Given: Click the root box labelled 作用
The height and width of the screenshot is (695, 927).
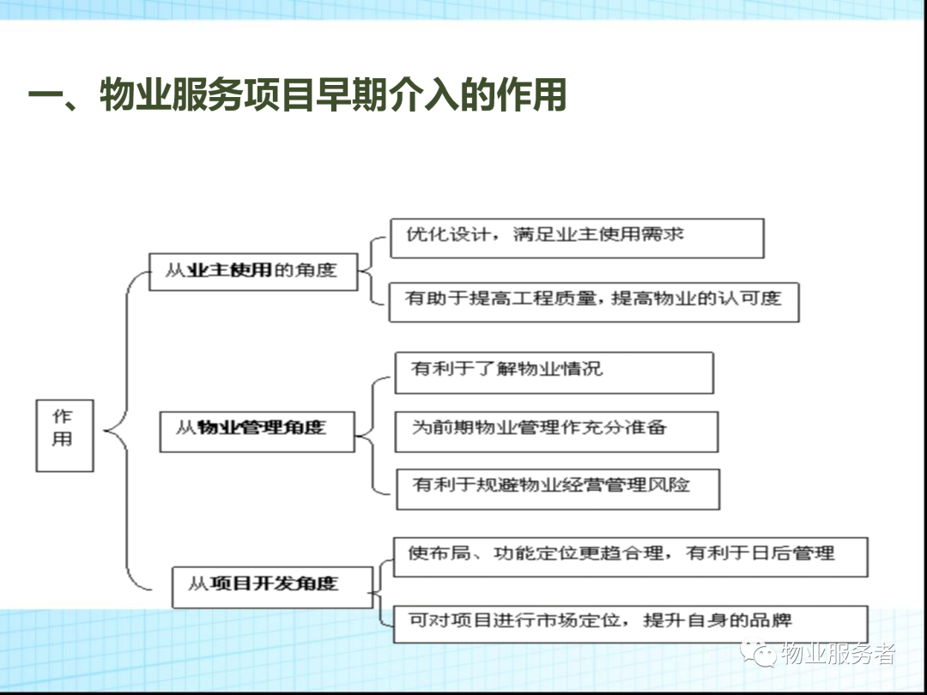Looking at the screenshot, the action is [64, 436].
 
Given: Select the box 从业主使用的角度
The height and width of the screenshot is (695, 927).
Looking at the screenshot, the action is [253, 272].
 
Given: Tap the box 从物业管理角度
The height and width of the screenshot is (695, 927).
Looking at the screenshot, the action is [257, 432].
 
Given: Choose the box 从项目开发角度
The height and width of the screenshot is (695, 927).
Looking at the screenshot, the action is [273, 588].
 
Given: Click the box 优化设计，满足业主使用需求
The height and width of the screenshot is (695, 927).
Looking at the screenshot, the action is [577, 239].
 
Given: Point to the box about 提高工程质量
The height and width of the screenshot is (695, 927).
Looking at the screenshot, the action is [594, 302].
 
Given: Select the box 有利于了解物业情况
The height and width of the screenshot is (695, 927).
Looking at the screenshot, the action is [554, 373].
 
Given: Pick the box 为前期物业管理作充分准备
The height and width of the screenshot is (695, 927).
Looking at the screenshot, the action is [556, 432].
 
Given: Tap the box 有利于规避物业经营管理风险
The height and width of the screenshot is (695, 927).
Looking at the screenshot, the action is [558, 489].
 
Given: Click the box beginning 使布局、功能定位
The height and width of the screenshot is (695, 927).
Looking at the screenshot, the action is [630, 558].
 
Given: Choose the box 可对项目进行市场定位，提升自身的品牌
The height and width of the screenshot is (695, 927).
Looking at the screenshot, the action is [630, 624].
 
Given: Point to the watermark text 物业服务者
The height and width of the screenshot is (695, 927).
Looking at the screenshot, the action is [839, 653].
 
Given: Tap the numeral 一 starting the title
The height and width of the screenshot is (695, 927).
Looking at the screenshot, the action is [45, 95].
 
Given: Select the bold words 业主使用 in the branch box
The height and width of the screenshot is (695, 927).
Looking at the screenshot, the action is [229, 270].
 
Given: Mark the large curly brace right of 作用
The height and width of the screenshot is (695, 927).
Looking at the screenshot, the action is [126, 431].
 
